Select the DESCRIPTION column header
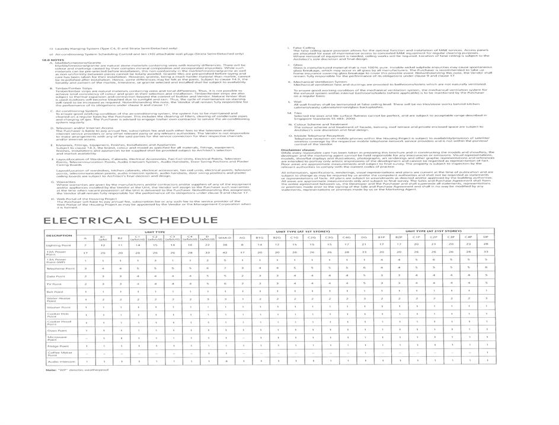pyautogui.click(x=59, y=235)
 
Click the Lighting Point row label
pyautogui.click(x=58, y=244)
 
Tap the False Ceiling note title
pyautogui.click(x=304, y=47)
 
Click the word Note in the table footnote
pyautogui.click(x=50, y=370)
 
